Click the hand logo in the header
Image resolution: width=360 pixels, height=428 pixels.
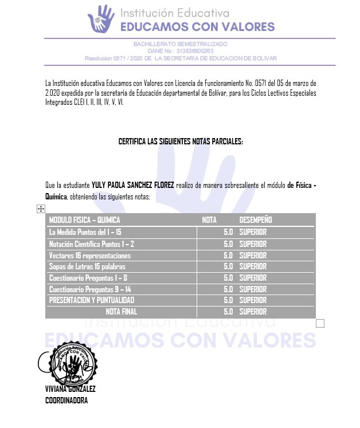(x=101, y=18)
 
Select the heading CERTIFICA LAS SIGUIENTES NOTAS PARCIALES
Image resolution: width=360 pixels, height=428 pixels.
(x=181, y=141)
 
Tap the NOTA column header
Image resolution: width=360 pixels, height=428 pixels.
(x=209, y=220)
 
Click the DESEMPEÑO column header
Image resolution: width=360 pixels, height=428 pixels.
(x=255, y=220)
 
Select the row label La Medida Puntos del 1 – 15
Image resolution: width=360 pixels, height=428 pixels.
(x=85, y=232)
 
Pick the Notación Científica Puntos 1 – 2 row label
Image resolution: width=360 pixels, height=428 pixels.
(x=92, y=244)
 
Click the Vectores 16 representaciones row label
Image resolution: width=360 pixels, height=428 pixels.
(x=90, y=255)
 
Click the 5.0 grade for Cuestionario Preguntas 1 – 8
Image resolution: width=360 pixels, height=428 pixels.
(x=228, y=278)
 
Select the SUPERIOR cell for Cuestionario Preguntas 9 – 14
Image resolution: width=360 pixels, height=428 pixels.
(x=253, y=289)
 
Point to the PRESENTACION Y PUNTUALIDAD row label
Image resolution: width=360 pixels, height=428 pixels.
(x=92, y=300)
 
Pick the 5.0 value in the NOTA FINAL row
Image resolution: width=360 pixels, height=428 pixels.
(x=228, y=312)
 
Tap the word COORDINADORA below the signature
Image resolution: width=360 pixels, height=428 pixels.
(x=66, y=400)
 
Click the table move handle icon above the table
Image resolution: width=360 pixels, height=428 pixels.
(x=41, y=210)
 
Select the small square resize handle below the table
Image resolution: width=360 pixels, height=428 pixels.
(x=320, y=324)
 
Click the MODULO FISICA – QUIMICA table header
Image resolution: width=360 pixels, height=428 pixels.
(x=85, y=220)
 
